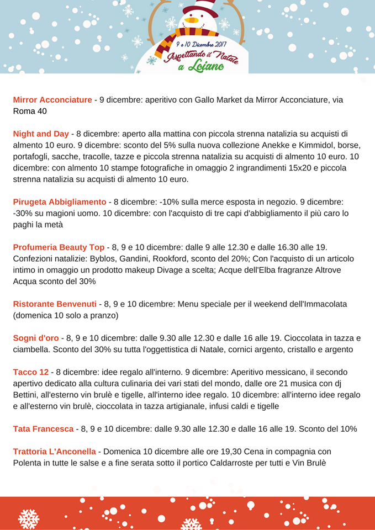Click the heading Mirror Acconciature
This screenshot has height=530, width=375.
(x=52, y=100)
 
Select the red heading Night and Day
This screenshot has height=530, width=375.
(x=41, y=134)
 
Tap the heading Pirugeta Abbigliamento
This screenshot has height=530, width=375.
(x=60, y=202)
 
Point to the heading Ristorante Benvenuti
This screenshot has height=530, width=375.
(x=55, y=304)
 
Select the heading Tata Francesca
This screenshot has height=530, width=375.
(x=43, y=428)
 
